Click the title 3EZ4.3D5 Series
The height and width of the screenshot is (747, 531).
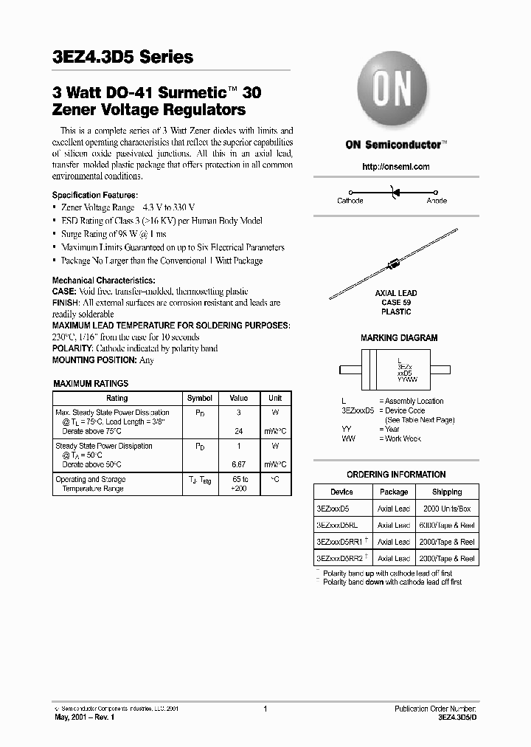(x=122, y=57)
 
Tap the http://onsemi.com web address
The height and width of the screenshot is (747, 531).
(x=395, y=167)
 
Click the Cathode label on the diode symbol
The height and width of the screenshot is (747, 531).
(x=350, y=201)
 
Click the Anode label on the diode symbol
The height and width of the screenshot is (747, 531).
(x=437, y=201)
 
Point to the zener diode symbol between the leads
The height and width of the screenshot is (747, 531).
(x=395, y=193)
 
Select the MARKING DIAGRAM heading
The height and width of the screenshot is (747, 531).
(x=399, y=337)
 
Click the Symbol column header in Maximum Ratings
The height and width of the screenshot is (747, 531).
(x=200, y=398)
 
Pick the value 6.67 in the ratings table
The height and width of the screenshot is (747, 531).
(x=238, y=465)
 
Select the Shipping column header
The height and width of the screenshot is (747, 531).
(x=447, y=492)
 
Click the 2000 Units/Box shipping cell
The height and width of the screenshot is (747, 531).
(x=447, y=509)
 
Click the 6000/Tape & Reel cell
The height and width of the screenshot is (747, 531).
(x=447, y=525)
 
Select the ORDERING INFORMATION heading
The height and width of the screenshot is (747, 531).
(x=396, y=475)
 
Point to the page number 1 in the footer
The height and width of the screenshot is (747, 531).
(x=265, y=709)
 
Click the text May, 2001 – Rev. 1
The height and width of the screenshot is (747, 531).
(x=83, y=717)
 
